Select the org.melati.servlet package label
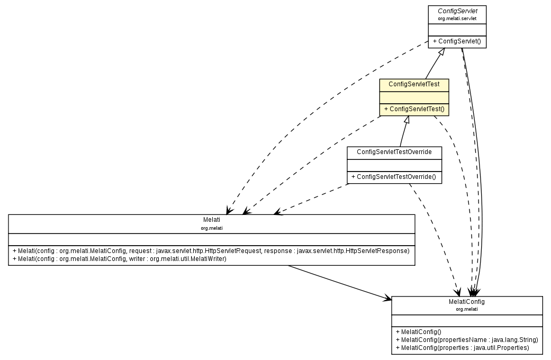(457, 19)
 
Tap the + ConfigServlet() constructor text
(456, 41)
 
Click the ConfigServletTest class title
(414, 84)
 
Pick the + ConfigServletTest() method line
(414, 109)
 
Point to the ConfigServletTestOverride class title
(394, 152)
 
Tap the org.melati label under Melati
(211, 228)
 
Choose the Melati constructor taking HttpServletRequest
(211, 250)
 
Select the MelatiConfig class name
(467, 301)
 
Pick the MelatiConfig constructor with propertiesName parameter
(466, 339)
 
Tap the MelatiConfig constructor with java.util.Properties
(462, 347)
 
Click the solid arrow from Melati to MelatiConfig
(339, 283)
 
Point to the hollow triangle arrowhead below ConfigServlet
(444, 52)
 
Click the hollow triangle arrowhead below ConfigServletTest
(406, 120)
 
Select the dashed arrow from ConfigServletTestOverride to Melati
(312, 199)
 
